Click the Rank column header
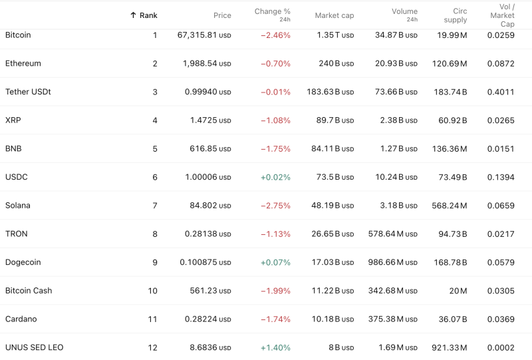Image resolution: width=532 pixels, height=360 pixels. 144,15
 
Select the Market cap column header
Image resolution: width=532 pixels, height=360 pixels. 334,15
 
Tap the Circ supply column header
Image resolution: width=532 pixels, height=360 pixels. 456,15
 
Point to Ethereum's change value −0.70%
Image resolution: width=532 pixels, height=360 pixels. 275,64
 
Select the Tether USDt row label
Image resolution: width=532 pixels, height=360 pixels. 28,92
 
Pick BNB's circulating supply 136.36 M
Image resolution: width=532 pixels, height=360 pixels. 450,149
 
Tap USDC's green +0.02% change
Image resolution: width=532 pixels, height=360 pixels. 275,178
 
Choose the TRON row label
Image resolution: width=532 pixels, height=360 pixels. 17,234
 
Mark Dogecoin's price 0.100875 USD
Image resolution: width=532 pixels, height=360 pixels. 205,263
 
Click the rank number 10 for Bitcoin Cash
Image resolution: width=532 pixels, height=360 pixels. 152,291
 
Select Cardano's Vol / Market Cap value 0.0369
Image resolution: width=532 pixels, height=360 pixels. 500,319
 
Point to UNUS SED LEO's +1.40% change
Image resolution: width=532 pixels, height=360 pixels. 275,348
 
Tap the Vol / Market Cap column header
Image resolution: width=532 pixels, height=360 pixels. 507,15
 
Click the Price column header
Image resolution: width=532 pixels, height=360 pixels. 222,15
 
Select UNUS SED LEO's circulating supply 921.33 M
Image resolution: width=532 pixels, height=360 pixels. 450,348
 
